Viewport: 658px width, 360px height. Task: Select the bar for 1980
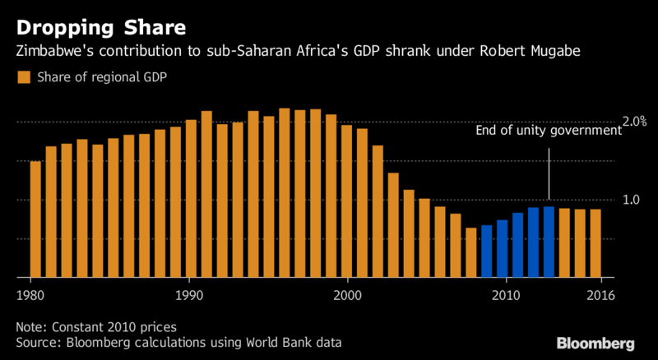coord(35,219)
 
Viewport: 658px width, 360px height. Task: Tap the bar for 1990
coord(192,198)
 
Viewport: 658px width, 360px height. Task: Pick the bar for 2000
coord(346,201)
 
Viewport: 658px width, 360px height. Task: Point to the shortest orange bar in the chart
coord(470,252)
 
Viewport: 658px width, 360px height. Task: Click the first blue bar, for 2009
coord(486,251)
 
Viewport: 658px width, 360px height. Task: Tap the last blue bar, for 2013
coord(549,242)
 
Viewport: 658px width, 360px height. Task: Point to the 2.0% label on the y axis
coord(633,122)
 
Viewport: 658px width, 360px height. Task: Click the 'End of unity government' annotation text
coord(548,131)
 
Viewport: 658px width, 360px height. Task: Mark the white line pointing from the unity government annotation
coord(549,172)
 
